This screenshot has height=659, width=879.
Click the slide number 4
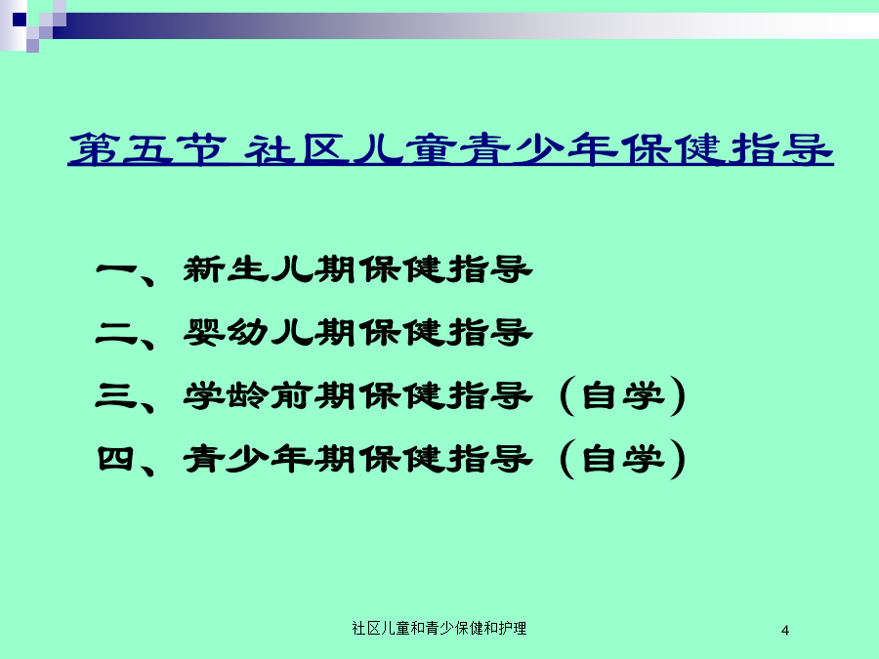785,631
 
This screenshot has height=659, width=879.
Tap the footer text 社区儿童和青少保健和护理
439,628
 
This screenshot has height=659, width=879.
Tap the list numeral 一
116,269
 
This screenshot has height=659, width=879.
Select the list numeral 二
116,333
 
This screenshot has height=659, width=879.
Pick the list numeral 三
116,395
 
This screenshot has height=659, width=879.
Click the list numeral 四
115,459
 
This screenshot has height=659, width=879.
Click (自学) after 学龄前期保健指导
623,395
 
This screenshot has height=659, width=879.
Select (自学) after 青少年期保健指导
623,459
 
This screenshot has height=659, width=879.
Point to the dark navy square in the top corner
20,20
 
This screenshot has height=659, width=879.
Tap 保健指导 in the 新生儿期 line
445,269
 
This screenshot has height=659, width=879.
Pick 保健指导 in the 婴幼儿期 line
445,333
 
